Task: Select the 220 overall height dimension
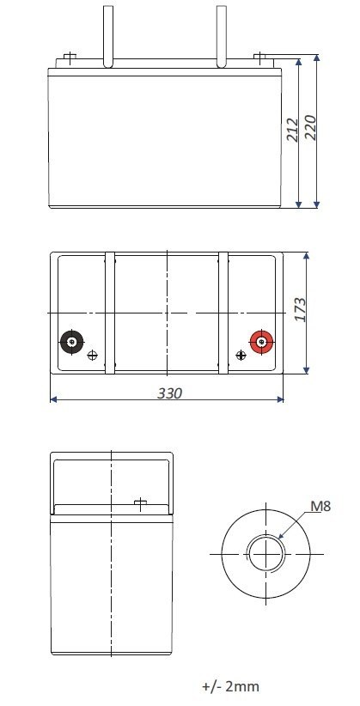click(x=312, y=128)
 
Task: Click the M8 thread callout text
click(x=320, y=506)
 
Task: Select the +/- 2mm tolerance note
click(x=229, y=686)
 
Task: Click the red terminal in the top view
click(x=260, y=343)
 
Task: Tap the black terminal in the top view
click(x=70, y=343)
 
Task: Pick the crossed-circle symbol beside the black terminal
click(x=94, y=355)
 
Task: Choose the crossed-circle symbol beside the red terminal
click(x=239, y=355)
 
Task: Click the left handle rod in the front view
click(x=107, y=34)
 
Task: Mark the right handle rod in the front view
click(x=221, y=34)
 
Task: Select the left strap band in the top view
click(x=110, y=313)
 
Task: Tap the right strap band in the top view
click(x=223, y=313)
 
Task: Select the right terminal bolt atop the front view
click(x=260, y=58)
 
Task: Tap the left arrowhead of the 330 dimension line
click(x=53, y=399)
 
